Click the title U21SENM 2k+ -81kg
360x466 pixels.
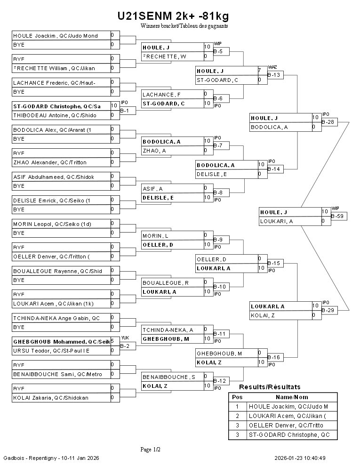173,16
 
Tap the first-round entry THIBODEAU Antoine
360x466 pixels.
55,115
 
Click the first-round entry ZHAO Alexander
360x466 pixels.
50,162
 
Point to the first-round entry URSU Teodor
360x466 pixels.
51,351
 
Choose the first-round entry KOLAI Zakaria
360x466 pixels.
51,398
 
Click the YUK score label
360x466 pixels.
125,337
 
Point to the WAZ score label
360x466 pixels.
272,67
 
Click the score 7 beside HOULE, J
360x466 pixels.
259,71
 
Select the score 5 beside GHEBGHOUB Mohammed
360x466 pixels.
112,341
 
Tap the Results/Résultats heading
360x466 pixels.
270,387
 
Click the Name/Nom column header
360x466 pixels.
295,397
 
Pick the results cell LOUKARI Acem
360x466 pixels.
287,416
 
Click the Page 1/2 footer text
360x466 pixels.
151,450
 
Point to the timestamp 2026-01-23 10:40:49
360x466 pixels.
300,458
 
